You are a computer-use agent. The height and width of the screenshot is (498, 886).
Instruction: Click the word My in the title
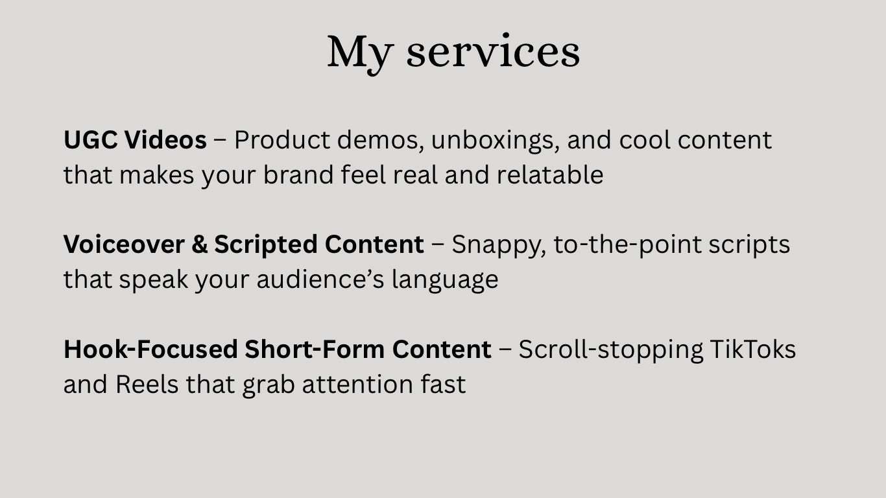pyautogui.click(x=361, y=54)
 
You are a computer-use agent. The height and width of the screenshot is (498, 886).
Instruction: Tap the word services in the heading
pyautogui.click(x=493, y=52)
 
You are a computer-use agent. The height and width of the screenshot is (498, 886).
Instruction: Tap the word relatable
pyautogui.click(x=550, y=175)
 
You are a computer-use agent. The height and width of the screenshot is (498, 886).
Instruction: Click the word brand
pyautogui.click(x=298, y=175)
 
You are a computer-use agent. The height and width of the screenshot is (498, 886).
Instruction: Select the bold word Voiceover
pyautogui.click(x=124, y=244)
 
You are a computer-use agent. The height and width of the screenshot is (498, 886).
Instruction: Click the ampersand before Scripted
pyautogui.click(x=200, y=244)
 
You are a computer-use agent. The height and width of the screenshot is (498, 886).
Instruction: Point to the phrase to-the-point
pyautogui.click(x=628, y=246)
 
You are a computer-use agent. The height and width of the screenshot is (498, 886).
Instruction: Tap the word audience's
pyautogui.click(x=320, y=279)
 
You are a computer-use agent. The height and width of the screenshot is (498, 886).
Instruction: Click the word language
pyautogui.click(x=445, y=281)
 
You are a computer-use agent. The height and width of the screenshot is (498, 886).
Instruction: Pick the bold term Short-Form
pyautogui.click(x=315, y=350)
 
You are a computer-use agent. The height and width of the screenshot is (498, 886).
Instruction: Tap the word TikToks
pyautogui.click(x=752, y=350)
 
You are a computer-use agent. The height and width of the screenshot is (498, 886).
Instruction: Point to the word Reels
pyautogui.click(x=147, y=384)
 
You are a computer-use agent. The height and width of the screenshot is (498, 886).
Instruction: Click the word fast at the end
pyautogui.click(x=444, y=384)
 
